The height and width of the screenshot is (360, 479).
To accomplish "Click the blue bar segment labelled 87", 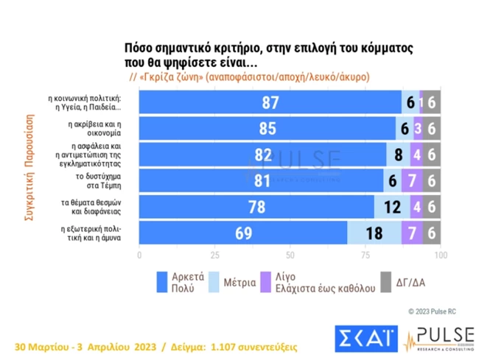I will (270, 102).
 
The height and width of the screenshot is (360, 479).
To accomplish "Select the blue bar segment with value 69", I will (243, 233).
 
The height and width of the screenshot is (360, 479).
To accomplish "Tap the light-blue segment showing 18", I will (374, 233).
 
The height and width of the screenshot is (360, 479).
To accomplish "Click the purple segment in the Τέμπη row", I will (412, 181).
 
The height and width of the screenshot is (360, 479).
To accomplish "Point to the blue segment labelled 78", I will (256, 207).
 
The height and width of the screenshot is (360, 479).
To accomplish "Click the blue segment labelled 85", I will (268, 129).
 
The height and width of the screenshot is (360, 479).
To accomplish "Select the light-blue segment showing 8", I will (398, 155).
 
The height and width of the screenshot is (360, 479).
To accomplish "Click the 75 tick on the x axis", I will (365, 255).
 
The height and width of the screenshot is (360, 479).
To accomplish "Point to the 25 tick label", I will (214, 255).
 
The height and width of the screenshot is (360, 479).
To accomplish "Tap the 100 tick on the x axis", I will (439, 255).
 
